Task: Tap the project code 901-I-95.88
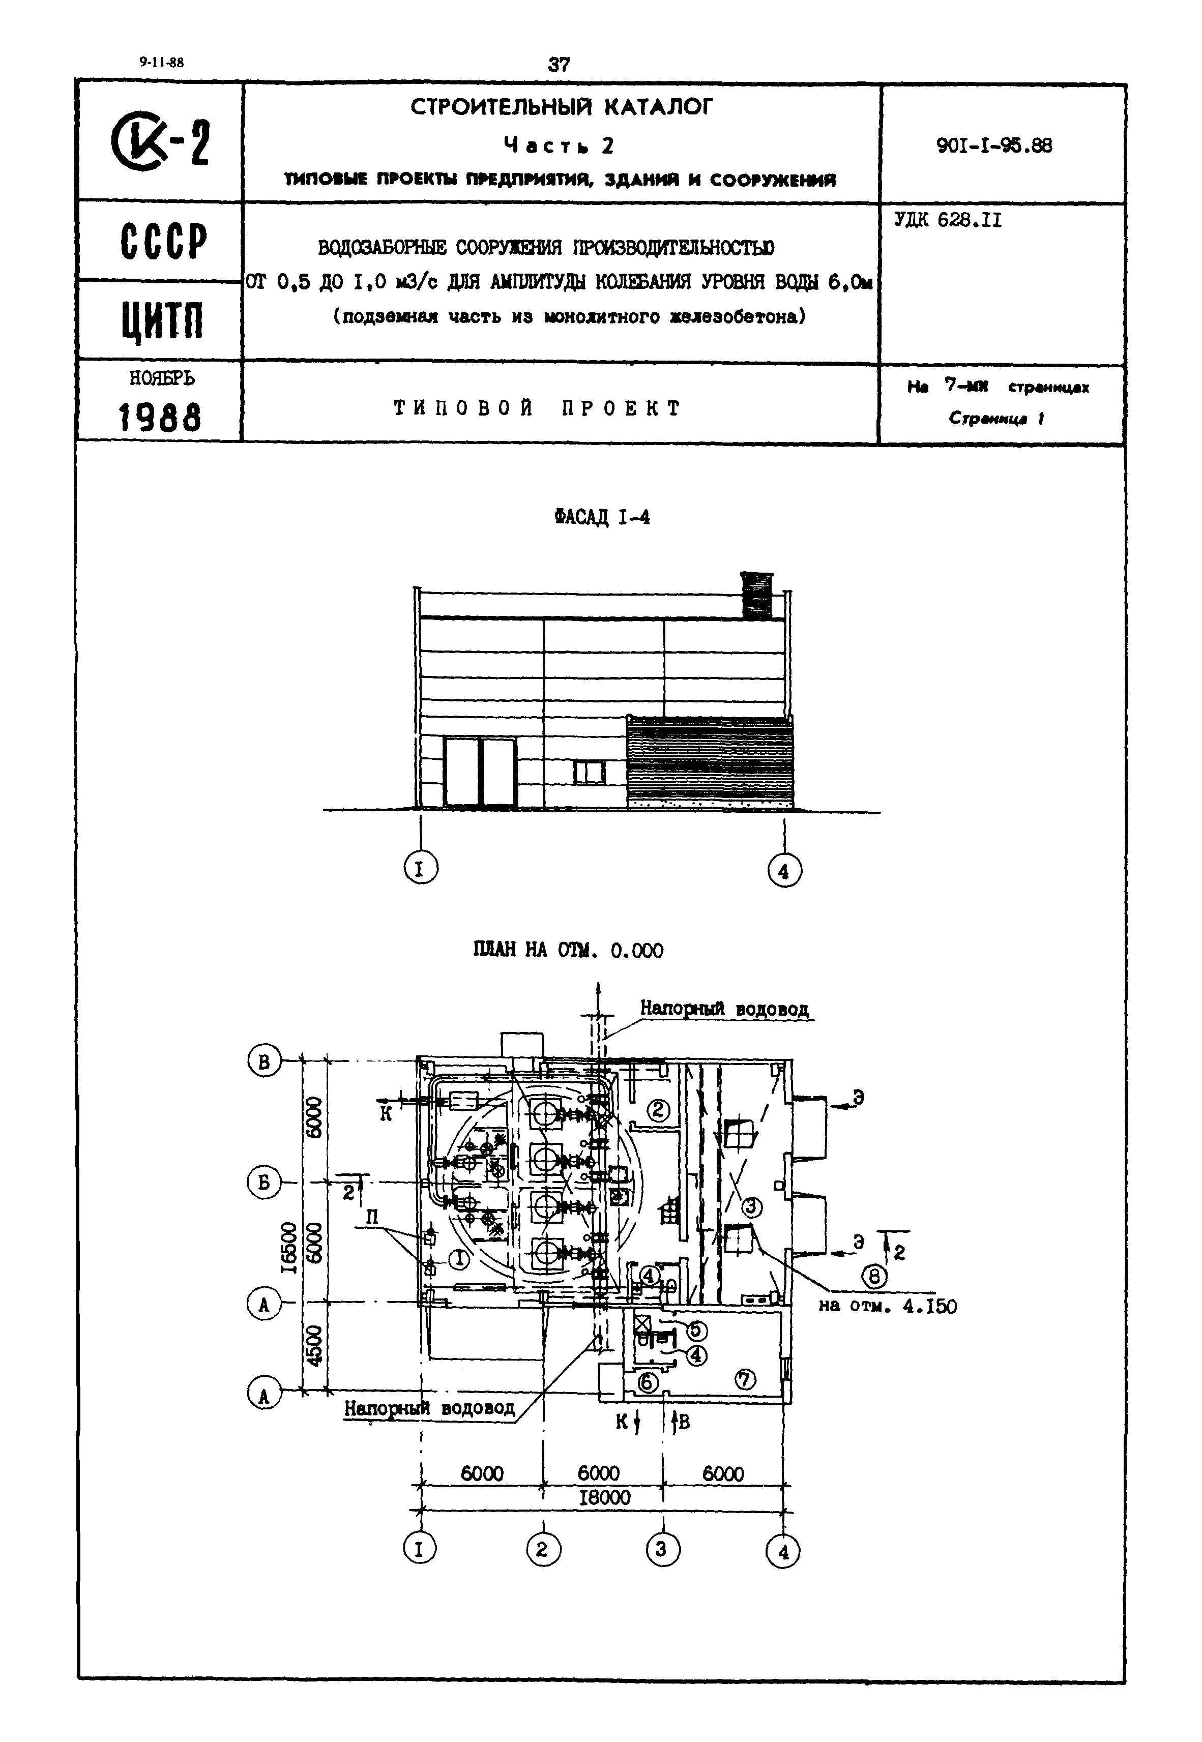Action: [x=994, y=145]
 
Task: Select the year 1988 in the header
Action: [x=160, y=417]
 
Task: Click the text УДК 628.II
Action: [x=948, y=221]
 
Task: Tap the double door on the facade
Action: [x=480, y=772]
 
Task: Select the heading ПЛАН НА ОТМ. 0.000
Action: [x=568, y=950]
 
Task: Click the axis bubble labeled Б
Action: [x=263, y=1183]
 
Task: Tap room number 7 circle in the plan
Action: [x=745, y=1376]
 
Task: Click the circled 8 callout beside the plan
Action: [x=873, y=1276]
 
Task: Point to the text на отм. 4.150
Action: [x=887, y=1306]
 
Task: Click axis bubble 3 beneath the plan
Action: [x=662, y=1549]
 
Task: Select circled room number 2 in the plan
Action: [x=659, y=1110]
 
